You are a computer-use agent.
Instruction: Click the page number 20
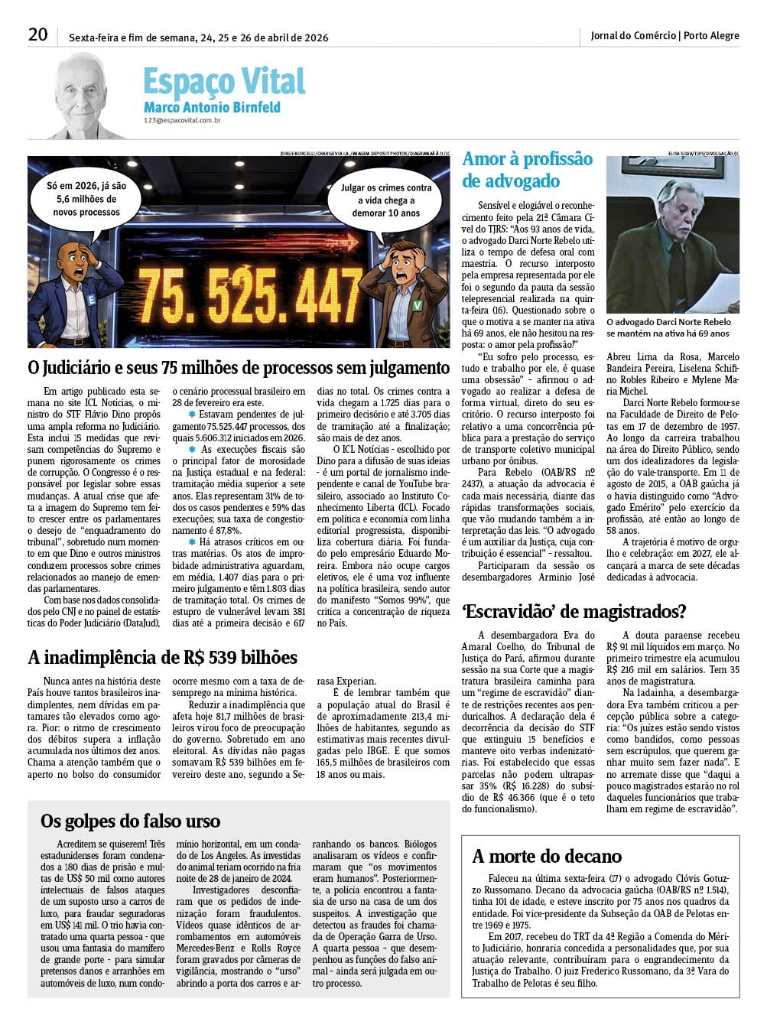coord(37,34)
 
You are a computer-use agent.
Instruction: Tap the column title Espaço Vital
coord(224,82)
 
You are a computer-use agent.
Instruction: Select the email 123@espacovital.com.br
coord(182,120)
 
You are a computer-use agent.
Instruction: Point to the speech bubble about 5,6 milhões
coord(86,199)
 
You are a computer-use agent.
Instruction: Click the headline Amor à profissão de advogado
coord(527,170)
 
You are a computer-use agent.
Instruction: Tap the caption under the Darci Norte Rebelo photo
coord(668,327)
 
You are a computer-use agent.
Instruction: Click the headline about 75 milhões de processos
coord(239,369)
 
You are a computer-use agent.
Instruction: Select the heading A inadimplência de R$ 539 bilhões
coord(162,658)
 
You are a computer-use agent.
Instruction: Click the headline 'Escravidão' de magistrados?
coord(574,611)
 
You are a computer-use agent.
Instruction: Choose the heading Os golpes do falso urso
coord(130,821)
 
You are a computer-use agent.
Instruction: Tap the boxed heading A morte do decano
coord(547,856)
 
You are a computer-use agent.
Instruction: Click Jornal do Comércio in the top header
coord(633,35)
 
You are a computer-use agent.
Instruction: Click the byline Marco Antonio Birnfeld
coord(212,108)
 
